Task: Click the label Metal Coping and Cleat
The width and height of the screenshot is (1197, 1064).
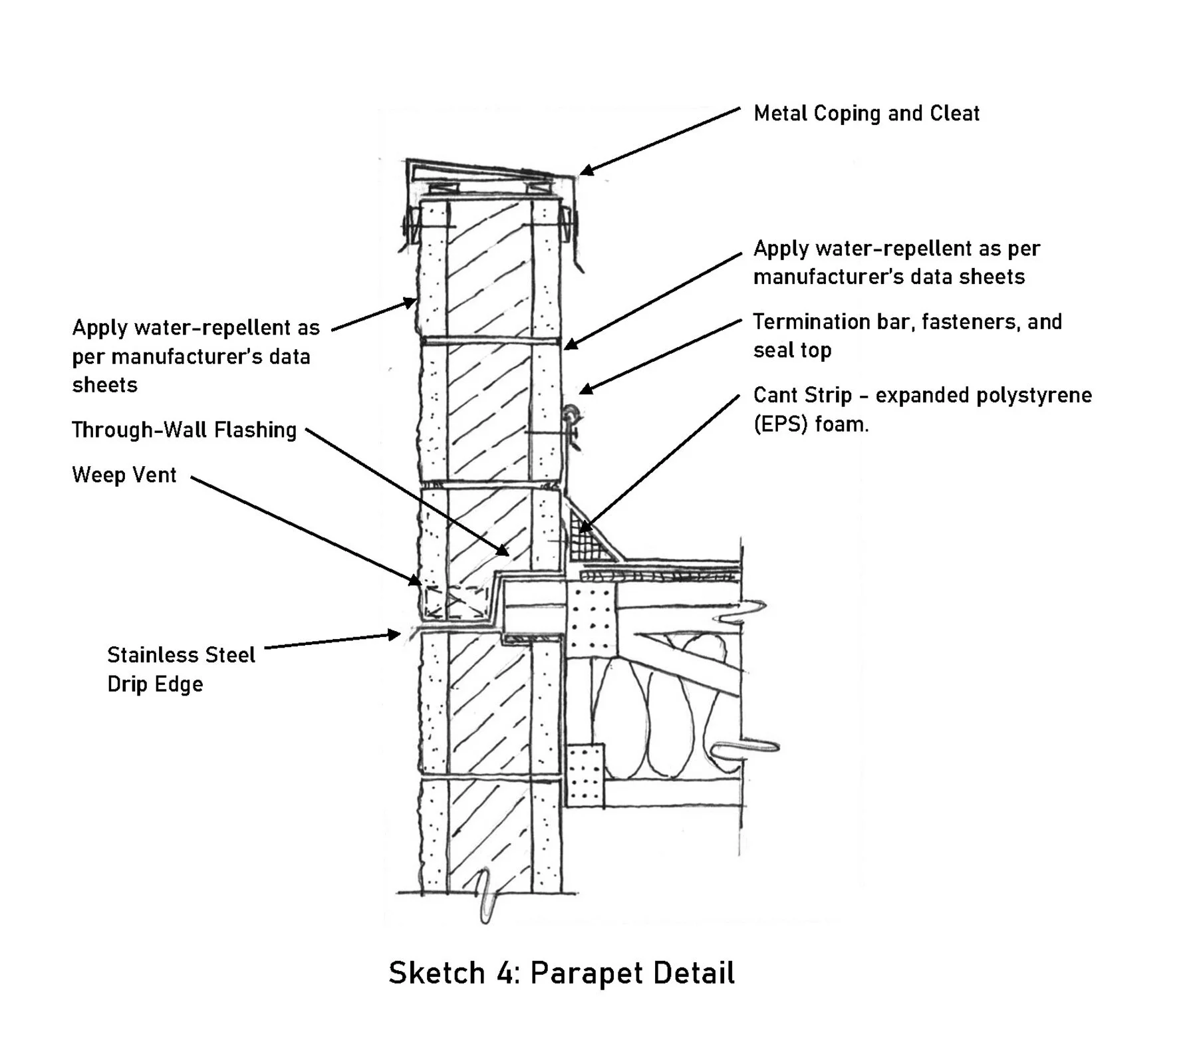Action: [866, 114]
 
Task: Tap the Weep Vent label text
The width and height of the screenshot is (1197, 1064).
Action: [124, 475]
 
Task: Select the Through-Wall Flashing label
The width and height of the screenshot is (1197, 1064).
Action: [184, 430]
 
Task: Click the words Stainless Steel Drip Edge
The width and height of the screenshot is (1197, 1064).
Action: [180, 669]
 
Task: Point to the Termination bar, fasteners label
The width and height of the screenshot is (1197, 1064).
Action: [906, 322]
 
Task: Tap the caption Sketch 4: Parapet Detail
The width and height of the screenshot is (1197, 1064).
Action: [561, 973]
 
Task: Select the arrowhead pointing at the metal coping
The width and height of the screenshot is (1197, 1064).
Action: [587, 171]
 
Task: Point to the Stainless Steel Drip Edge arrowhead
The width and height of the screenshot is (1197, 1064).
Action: [394, 635]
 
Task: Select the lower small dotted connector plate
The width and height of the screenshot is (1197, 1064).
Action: [585, 775]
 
